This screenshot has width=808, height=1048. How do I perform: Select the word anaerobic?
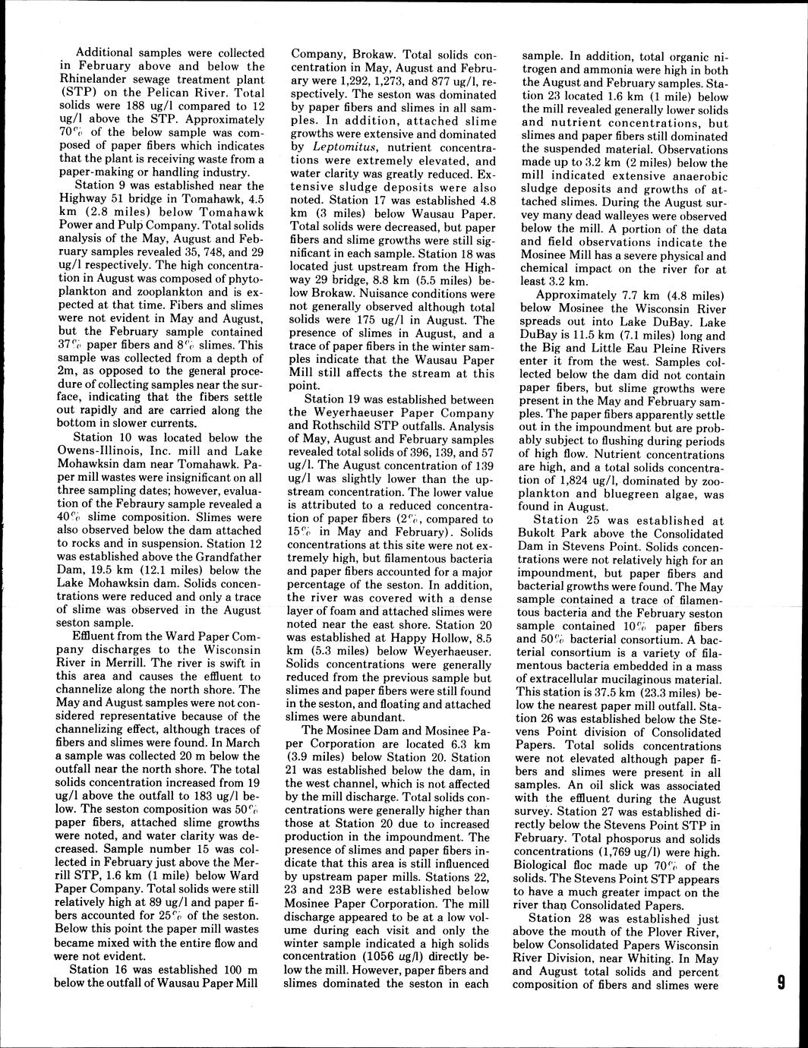pos(692,176)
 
